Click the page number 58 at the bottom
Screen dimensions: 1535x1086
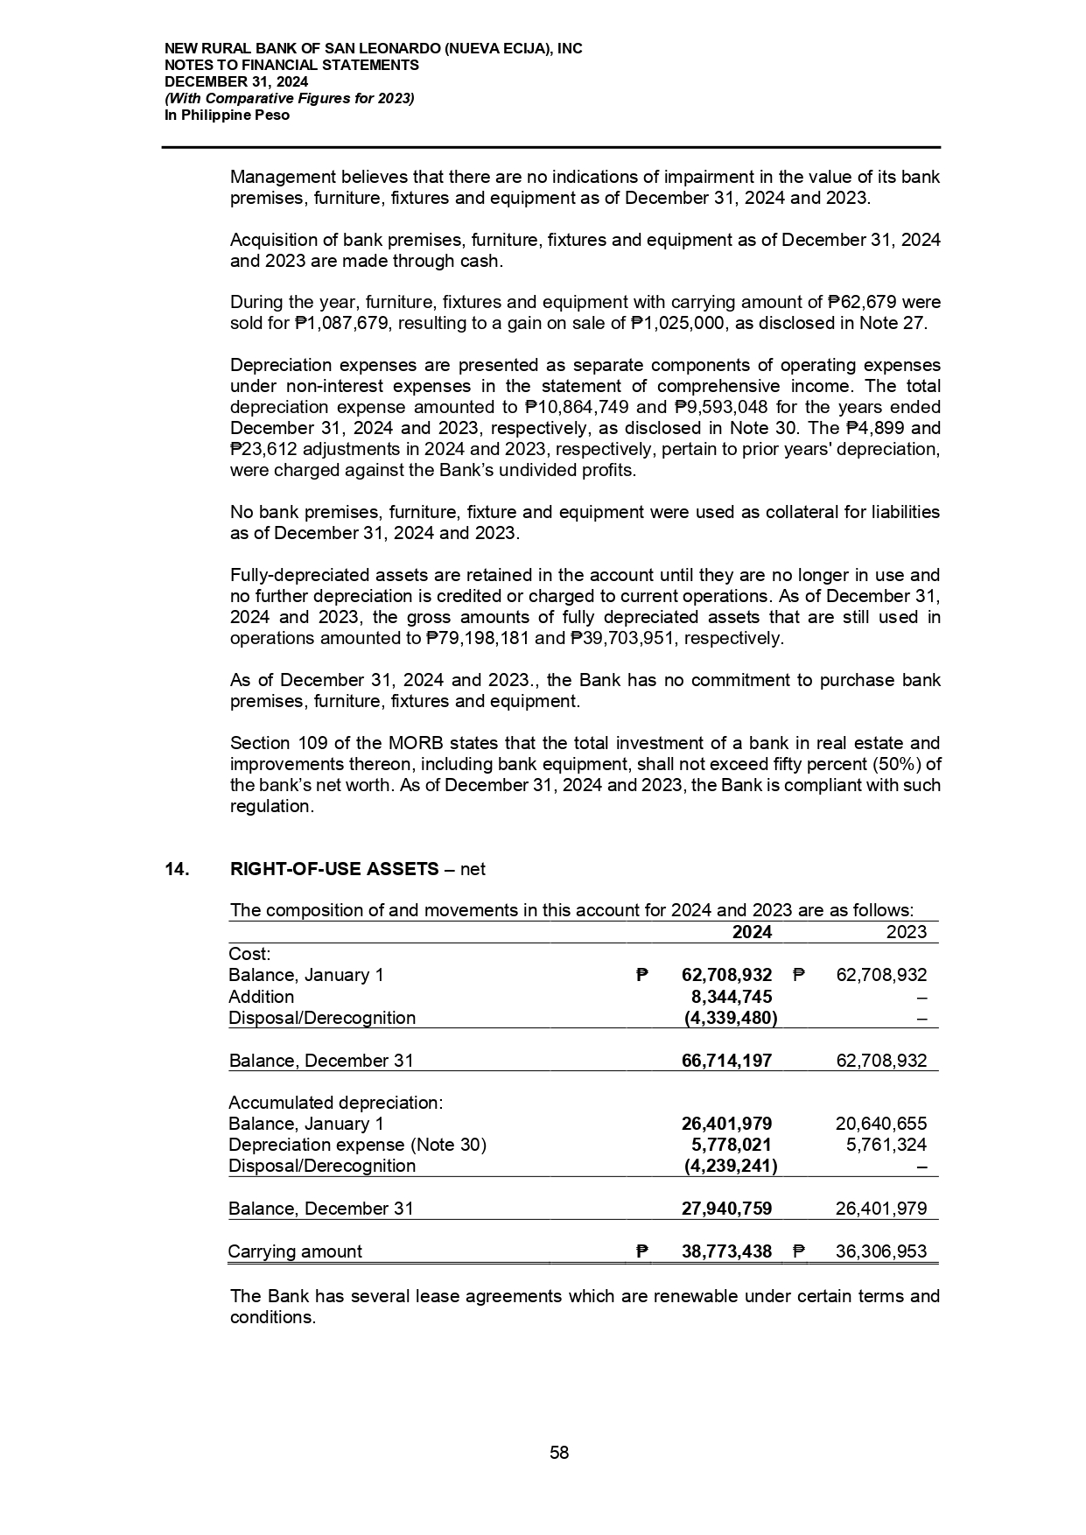pos(559,1453)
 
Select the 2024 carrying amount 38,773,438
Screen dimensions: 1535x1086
pos(726,1251)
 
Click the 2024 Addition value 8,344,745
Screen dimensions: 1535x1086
pos(731,997)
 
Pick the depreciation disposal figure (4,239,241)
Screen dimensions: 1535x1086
pos(730,1166)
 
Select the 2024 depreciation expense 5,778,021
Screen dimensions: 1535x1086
pos(731,1145)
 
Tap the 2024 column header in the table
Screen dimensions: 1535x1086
pos(752,932)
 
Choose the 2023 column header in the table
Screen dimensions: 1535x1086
pos(907,932)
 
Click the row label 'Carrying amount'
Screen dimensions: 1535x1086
pos(295,1251)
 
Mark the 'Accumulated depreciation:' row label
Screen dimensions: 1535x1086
pos(335,1103)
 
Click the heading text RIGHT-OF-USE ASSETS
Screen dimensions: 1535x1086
pos(334,869)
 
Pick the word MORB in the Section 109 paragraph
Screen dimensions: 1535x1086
pos(404,743)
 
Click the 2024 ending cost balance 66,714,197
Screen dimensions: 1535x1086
pos(726,1061)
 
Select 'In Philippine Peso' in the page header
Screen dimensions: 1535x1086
pos(227,115)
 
